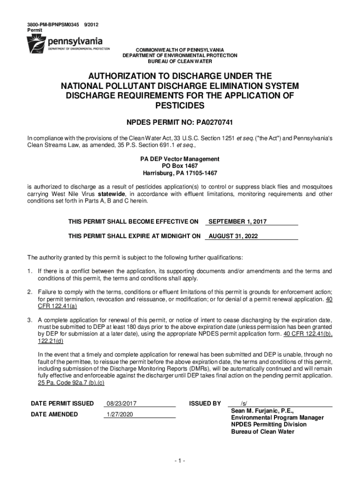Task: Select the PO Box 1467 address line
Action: click(x=180, y=166)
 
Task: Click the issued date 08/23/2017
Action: click(x=121, y=403)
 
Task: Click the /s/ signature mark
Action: click(x=244, y=403)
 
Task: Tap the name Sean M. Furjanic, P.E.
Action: click(x=262, y=411)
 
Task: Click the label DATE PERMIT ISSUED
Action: click(x=62, y=403)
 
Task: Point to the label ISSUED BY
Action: click(x=205, y=403)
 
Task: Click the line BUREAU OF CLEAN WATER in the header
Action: click(x=180, y=61)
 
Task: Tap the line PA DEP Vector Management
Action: click(x=180, y=159)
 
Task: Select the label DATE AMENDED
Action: click(x=54, y=414)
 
